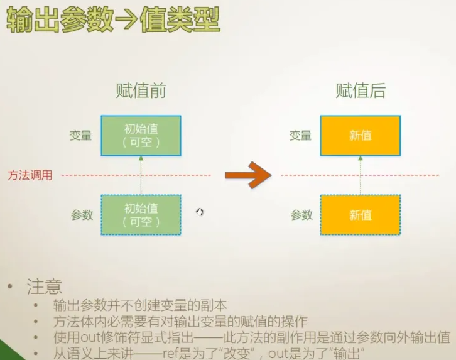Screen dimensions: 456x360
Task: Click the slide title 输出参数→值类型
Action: (x=113, y=20)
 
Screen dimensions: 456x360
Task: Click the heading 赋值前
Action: (x=141, y=91)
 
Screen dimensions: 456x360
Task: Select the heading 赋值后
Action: (x=361, y=91)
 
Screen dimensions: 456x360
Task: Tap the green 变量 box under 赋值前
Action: (x=141, y=135)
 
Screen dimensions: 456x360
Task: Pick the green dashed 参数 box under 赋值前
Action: (x=141, y=215)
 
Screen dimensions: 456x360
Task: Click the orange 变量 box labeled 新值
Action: (x=361, y=135)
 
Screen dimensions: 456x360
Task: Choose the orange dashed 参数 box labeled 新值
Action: (x=361, y=215)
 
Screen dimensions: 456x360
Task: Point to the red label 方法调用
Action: (x=30, y=175)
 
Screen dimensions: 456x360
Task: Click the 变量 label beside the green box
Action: (x=81, y=135)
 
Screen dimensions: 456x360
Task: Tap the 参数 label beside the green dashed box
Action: (x=82, y=215)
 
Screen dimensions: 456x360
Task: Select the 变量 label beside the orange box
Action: (x=301, y=135)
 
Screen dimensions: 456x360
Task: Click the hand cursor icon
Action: (x=200, y=212)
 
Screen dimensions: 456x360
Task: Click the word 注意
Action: (x=44, y=288)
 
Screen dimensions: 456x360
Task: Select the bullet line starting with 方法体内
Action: (x=180, y=322)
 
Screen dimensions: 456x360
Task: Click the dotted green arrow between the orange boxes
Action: (x=361, y=175)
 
